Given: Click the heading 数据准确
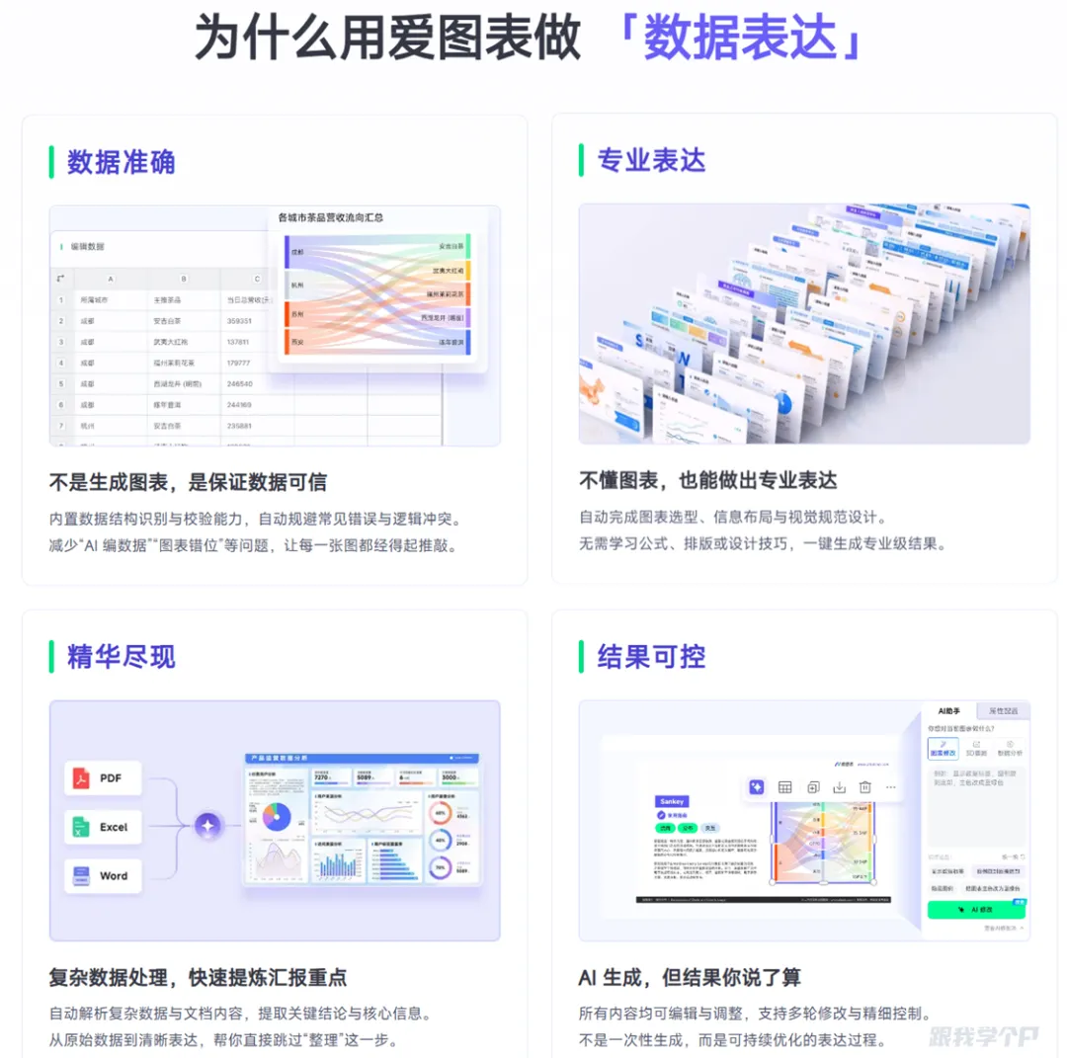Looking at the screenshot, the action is point(121,162).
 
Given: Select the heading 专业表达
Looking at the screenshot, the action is point(651,160).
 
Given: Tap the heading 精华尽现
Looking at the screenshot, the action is point(121,656).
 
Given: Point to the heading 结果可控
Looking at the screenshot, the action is point(651,656).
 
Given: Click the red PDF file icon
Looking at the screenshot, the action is point(80,778).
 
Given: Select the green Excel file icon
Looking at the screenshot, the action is point(80,827).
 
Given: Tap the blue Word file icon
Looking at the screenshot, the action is point(80,875).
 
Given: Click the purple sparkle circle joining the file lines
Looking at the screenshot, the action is point(207,826).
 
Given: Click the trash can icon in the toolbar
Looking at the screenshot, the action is point(864,787).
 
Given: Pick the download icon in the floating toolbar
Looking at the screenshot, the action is point(839,787).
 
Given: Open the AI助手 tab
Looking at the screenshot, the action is point(949,711).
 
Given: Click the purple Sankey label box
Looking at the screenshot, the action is point(673,801).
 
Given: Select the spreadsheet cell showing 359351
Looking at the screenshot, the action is point(239,321).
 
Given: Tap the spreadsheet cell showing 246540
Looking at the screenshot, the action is point(239,383).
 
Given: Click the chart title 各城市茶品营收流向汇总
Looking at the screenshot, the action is point(330,217).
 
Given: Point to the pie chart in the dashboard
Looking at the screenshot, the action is point(276,816).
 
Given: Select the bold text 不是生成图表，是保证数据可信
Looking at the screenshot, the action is point(188,482).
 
